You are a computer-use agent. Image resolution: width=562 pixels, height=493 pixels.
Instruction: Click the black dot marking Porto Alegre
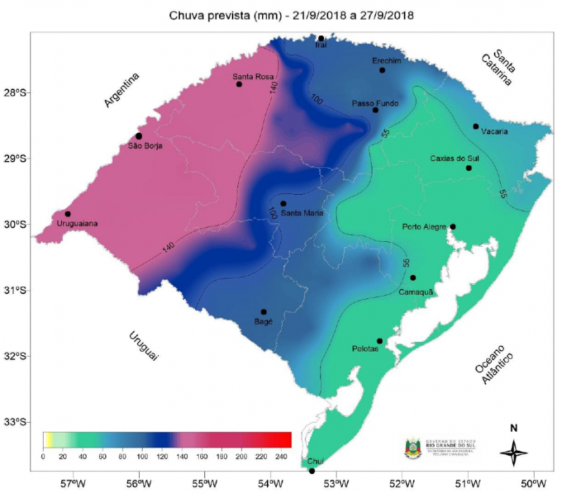(452, 226)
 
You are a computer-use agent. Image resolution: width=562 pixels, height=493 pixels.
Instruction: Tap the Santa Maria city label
(301, 212)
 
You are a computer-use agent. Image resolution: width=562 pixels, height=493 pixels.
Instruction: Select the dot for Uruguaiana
(67, 214)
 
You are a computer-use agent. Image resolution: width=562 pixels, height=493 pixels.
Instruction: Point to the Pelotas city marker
(379, 341)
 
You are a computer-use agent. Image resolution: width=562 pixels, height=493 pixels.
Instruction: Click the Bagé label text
(263, 321)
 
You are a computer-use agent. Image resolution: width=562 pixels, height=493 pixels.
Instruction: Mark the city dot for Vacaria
(476, 127)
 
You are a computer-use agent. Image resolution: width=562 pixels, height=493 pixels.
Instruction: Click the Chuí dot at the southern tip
(312, 470)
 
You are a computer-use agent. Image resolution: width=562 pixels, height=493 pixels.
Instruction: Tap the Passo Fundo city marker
(375, 110)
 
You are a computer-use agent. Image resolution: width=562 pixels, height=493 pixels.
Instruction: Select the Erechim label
(386, 61)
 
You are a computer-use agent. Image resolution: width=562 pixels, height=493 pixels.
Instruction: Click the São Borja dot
(138, 136)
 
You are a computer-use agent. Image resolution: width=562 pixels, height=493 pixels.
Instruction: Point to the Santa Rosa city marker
(239, 84)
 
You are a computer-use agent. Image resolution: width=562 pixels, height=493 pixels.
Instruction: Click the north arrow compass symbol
(514, 451)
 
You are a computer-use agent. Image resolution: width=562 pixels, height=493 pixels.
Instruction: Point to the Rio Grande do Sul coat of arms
(413, 448)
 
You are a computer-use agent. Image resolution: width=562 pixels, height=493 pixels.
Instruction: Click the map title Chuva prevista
(281, 15)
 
